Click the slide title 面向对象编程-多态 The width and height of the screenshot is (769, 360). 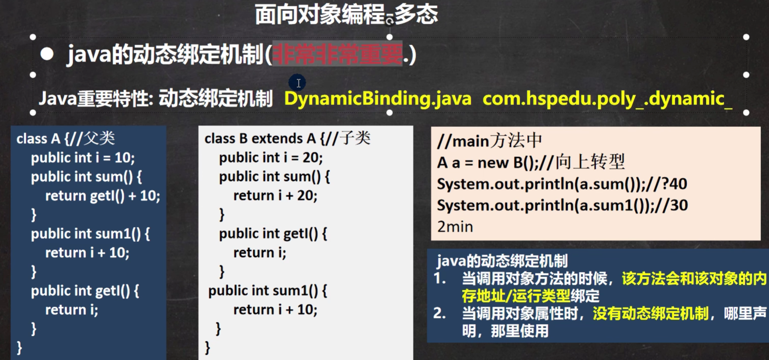coord(346,14)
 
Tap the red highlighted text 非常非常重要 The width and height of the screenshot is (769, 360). coord(337,54)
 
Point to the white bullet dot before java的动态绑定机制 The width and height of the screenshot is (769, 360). coord(47,54)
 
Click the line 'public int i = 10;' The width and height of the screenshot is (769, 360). coord(83,157)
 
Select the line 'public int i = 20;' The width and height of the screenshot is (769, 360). coord(271,157)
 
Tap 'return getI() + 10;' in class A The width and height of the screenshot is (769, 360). coord(103,196)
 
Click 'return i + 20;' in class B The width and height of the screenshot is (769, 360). coord(275,196)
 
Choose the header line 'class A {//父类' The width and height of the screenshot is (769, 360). coord(66,139)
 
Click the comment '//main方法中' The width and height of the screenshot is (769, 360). coord(490,141)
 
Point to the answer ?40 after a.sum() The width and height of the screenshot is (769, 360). coord(675,184)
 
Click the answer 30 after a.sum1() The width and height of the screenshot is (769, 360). coord(679,205)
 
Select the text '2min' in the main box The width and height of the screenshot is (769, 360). coord(455,227)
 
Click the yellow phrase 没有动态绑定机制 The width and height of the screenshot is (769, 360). coord(651,314)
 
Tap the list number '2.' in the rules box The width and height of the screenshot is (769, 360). coord(440,313)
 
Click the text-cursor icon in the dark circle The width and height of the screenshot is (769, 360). coord(297,83)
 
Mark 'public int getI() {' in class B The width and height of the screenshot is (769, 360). coord(273,234)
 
